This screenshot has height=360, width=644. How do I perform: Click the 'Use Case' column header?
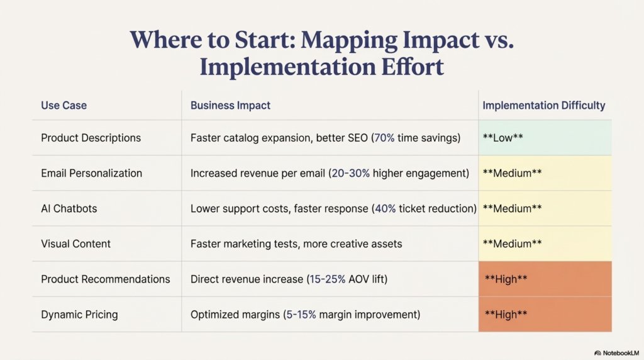coord(64,105)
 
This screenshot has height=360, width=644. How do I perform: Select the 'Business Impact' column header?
coord(230,105)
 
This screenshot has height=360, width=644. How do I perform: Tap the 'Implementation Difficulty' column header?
coord(543,105)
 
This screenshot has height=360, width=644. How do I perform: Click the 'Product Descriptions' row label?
coord(91,138)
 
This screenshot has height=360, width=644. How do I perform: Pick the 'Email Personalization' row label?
coord(91,173)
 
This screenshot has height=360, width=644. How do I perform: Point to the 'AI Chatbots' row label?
coord(69,208)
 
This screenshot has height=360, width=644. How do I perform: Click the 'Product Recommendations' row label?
coord(105,279)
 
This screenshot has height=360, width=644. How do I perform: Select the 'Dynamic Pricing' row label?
coord(79,314)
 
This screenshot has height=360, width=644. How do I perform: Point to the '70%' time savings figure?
coord(385,138)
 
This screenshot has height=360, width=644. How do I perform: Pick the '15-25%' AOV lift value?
coord(327,279)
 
